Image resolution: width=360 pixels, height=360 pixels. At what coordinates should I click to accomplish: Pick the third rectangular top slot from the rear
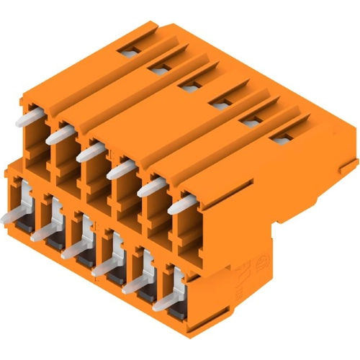coord(189,86)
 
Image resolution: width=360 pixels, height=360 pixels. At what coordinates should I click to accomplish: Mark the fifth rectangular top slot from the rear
coord(248,122)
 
